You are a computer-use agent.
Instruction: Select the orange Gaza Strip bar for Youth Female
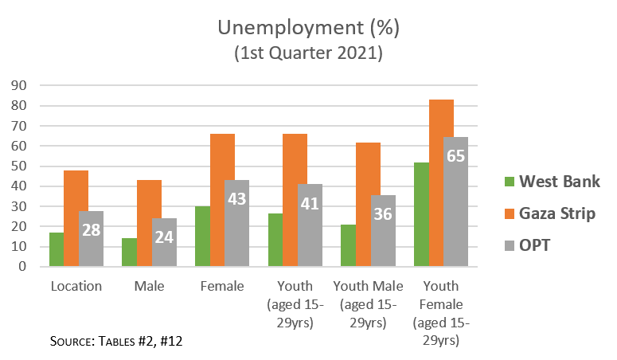[x=441, y=183]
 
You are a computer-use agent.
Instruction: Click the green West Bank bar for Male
[x=129, y=252]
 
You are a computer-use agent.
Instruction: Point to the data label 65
[x=455, y=155]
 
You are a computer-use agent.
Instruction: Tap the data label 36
[x=382, y=215]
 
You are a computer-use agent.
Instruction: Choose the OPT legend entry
[x=536, y=246]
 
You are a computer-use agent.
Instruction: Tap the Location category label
[x=76, y=286]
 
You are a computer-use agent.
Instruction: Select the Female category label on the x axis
[x=222, y=286]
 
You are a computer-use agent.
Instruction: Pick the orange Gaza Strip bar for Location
[x=76, y=218]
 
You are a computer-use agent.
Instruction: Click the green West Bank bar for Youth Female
[x=421, y=214]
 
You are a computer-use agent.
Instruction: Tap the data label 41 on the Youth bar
[x=309, y=205]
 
